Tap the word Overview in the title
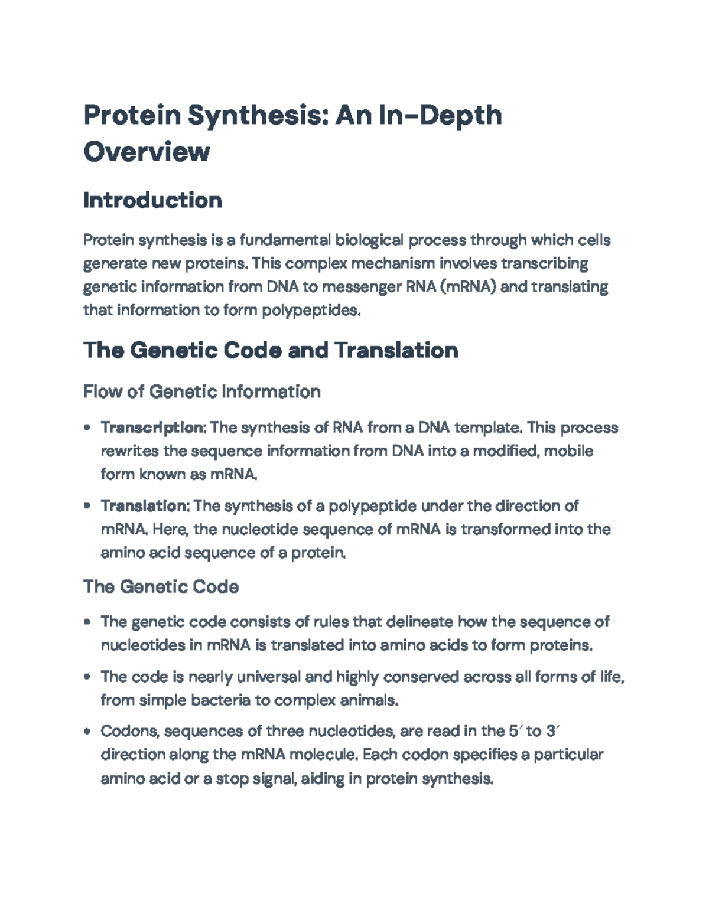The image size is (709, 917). [x=147, y=151]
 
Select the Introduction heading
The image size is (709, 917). [x=153, y=200]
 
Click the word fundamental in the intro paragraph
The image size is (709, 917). [x=285, y=240]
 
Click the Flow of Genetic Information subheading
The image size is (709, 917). [x=202, y=391]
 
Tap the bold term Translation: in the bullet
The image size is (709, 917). [x=145, y=505]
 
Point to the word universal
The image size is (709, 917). [x=268, y=677]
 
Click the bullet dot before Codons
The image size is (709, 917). [x=87, y=732]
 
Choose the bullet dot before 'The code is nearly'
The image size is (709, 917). [x=87, y=677]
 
